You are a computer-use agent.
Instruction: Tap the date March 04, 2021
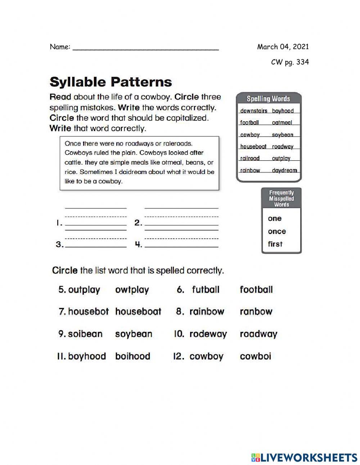click(283, 47)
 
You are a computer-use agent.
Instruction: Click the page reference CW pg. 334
click(289, 62)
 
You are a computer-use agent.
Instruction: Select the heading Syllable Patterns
click(111, 82)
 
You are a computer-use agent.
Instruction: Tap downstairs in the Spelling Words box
click(253, 111)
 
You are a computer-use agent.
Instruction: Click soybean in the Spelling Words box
click(283, 135)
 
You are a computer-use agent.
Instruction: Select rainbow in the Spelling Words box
click(250, 170)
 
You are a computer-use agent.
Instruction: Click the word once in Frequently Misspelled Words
click(277, 232)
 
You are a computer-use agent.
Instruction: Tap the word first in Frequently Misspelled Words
click(275, 244)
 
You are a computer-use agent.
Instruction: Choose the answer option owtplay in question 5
click(132, 290)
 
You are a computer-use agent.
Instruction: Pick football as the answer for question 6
click(256, 290)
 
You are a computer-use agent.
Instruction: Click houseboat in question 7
click(138, 312)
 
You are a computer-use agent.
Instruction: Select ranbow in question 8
click(256, 312)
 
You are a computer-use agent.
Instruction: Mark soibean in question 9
click(85, 334)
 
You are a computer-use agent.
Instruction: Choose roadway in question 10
click(258, 334)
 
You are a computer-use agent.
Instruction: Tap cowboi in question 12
click(255, 357)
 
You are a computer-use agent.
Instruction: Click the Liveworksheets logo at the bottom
click(304, 457)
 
